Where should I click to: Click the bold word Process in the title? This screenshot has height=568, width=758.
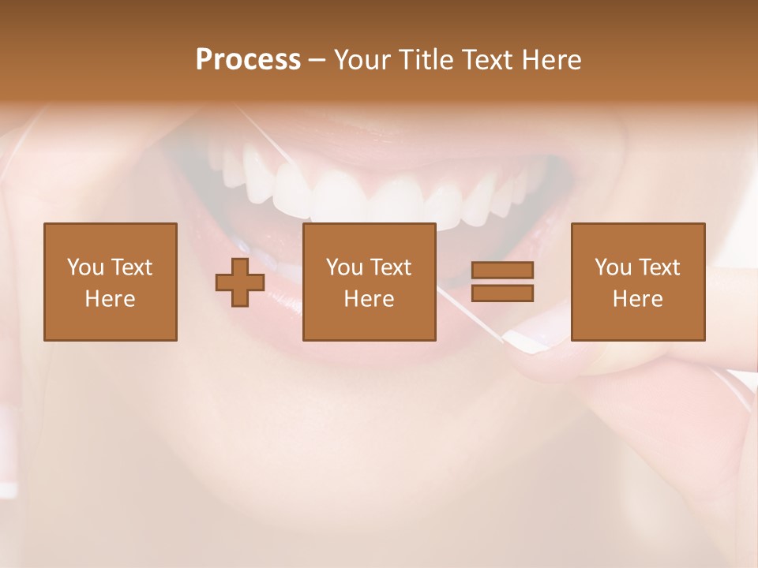pos(248,60)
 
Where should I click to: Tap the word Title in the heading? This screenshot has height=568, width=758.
pos(425,60)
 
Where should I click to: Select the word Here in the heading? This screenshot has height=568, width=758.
pos(551,60)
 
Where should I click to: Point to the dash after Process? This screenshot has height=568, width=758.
pos(316,61)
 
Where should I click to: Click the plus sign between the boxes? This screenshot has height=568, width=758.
pos(240,282)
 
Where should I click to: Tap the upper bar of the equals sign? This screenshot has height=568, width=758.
pos(502,270)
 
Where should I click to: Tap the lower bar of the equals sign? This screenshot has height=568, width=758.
pos(502,293)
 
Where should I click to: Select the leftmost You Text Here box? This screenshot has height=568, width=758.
pos(111,282)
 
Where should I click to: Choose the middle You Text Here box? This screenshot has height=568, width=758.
pos(369,282)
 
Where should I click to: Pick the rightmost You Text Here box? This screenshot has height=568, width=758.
pos(638,282)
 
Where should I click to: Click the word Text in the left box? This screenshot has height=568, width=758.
pos(130,267)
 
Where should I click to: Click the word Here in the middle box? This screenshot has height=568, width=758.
pos(369,299)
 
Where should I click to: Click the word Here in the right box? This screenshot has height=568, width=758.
pos(638,299)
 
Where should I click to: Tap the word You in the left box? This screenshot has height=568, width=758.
pos(84,267)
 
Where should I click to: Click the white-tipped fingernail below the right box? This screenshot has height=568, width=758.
pos(524,341)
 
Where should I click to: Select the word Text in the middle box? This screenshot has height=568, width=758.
pos(390,267)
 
